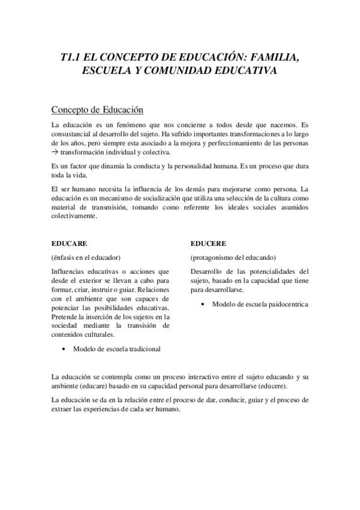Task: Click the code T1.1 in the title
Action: coord(73,58)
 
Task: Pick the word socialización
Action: coord(172,198)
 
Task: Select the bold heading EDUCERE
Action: coord(209,244)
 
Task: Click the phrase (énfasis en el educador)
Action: coord(87,257)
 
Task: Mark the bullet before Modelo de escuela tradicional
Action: coord(64,349)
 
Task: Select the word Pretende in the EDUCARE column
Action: coord(66,316)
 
